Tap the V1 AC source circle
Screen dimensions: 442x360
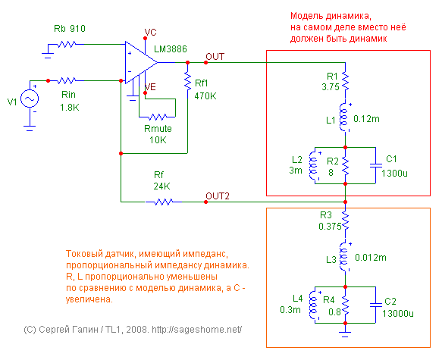[x=30, y=99]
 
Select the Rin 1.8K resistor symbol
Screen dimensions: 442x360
[x=67, y=81]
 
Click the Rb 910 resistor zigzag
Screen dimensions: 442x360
[x=67, y=44]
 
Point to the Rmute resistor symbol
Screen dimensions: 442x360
[x=158, y=117]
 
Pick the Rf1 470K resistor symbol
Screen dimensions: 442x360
[x=188, y=81]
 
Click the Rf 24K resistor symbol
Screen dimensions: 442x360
[x=164, y=202]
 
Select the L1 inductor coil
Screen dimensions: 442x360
[x=344, y=117]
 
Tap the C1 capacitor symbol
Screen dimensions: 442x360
[x=376, y=165]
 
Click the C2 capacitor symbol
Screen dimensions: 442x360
[x=376, y=305]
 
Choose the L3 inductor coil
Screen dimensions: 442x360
[x=344, y=257]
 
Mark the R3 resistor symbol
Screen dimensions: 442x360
[x=345, y=221]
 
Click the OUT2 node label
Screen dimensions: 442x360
[x=218, y=196]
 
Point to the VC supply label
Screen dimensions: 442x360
[x=150, y=33]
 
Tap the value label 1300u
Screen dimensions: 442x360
[x=394, y=174]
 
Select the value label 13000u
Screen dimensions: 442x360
[x=398, y=313]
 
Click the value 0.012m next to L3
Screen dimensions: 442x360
[x=371, y=258]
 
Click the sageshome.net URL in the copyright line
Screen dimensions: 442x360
[x=197, y=329]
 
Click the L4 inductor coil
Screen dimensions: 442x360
[x=314, y=305]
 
